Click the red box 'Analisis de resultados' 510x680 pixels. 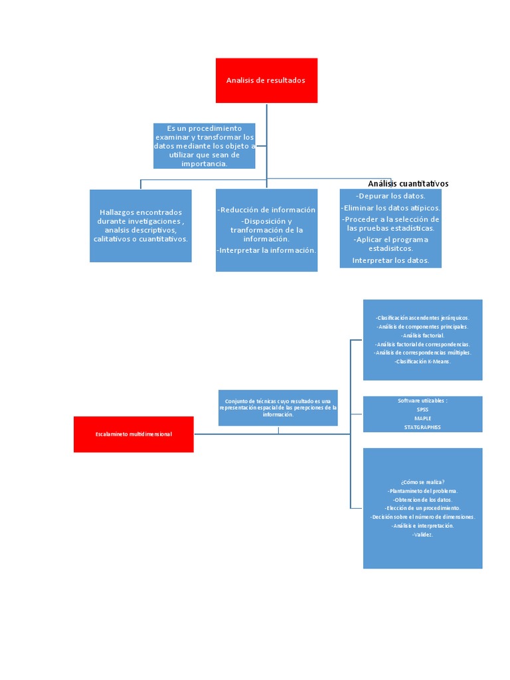[x=266, y=80]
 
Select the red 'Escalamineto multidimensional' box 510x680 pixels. [x=133, y=434]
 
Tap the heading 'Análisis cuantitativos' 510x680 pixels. [x=408, y=183]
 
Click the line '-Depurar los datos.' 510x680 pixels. [x=390, y=196]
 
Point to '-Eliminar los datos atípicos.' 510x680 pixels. [x=390, y=208]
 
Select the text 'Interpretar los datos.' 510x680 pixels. [x=390, y=260]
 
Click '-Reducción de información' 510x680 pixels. [x=266, y=210]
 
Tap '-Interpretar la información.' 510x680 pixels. [x=266, y=250]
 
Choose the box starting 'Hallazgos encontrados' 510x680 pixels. [x=141, y=226]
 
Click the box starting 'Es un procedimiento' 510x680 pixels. [x=204, y=145]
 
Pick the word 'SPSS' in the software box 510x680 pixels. [x=422, y=410]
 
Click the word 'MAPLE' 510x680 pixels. [x=422, y=418]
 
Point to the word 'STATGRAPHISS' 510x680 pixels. [x=422, y=427]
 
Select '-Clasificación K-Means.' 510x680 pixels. [x=422, y=361]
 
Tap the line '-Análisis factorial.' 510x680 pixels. [x=422, y=335]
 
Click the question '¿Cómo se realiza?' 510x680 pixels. [x=422, y=482]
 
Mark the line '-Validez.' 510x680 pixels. [x=422, y=534]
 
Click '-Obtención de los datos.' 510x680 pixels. [x=422, y=499]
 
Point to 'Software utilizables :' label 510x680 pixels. [x=422, y=401]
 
